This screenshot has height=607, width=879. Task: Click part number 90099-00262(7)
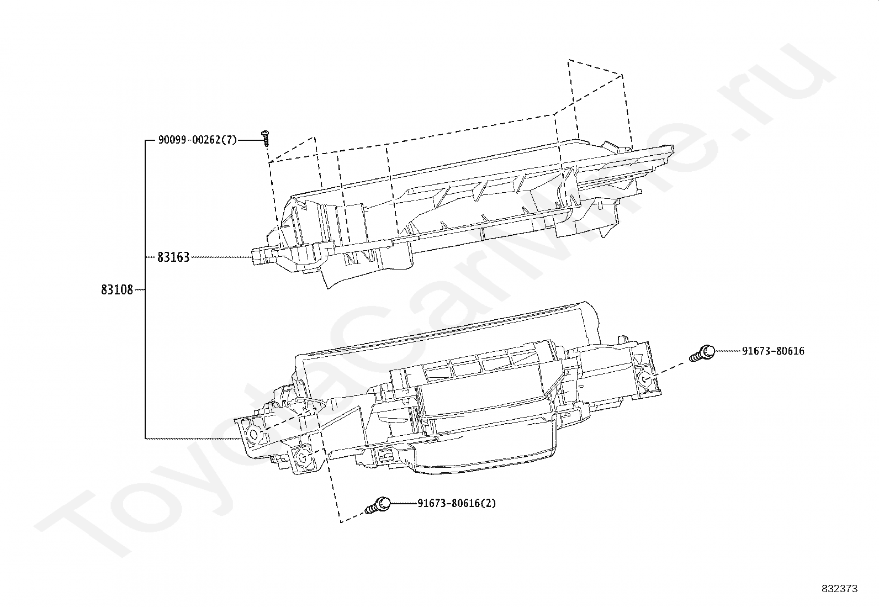(x=197, y=140)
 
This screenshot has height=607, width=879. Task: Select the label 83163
(x=173, y=257)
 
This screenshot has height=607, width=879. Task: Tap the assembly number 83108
(x=117, y=290)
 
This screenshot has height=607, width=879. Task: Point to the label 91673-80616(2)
(x=457, y=503)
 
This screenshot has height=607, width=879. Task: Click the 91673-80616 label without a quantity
(x=773, y=351)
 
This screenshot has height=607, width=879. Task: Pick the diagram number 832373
(x=840, y=589)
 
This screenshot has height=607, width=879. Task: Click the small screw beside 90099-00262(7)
(x=266, y=138)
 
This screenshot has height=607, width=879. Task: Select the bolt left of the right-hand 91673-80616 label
(x=702, y=352)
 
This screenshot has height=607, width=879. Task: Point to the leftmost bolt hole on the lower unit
(x=253, y=435)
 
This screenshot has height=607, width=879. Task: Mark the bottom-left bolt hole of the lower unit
(x=302, y=457)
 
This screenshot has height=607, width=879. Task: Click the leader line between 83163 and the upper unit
(x=221, y=257)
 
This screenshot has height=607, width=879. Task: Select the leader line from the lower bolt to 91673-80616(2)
(x=404, y=503)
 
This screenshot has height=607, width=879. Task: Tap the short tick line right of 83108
(x=140, y=290)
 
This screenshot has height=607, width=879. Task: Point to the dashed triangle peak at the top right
(x=568, y=60)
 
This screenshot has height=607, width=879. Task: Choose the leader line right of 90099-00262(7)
(x=250, y=140)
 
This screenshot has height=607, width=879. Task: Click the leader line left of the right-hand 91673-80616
(x=728, y=351)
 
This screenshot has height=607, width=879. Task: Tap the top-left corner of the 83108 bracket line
(x=145, y=140)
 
